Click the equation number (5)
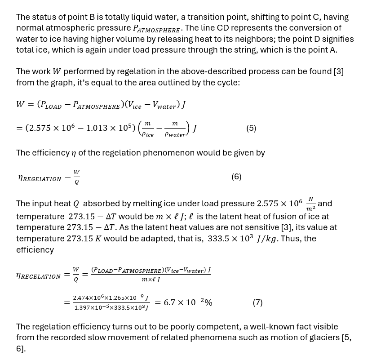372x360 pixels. pyautogui.click(x=251, y=128)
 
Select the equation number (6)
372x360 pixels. pyautogui.click(x=236, y=177)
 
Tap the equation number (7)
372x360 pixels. pyautogui.click(x=257, y=302)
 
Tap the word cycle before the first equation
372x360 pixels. pyautogui.click(x=228, y=82)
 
